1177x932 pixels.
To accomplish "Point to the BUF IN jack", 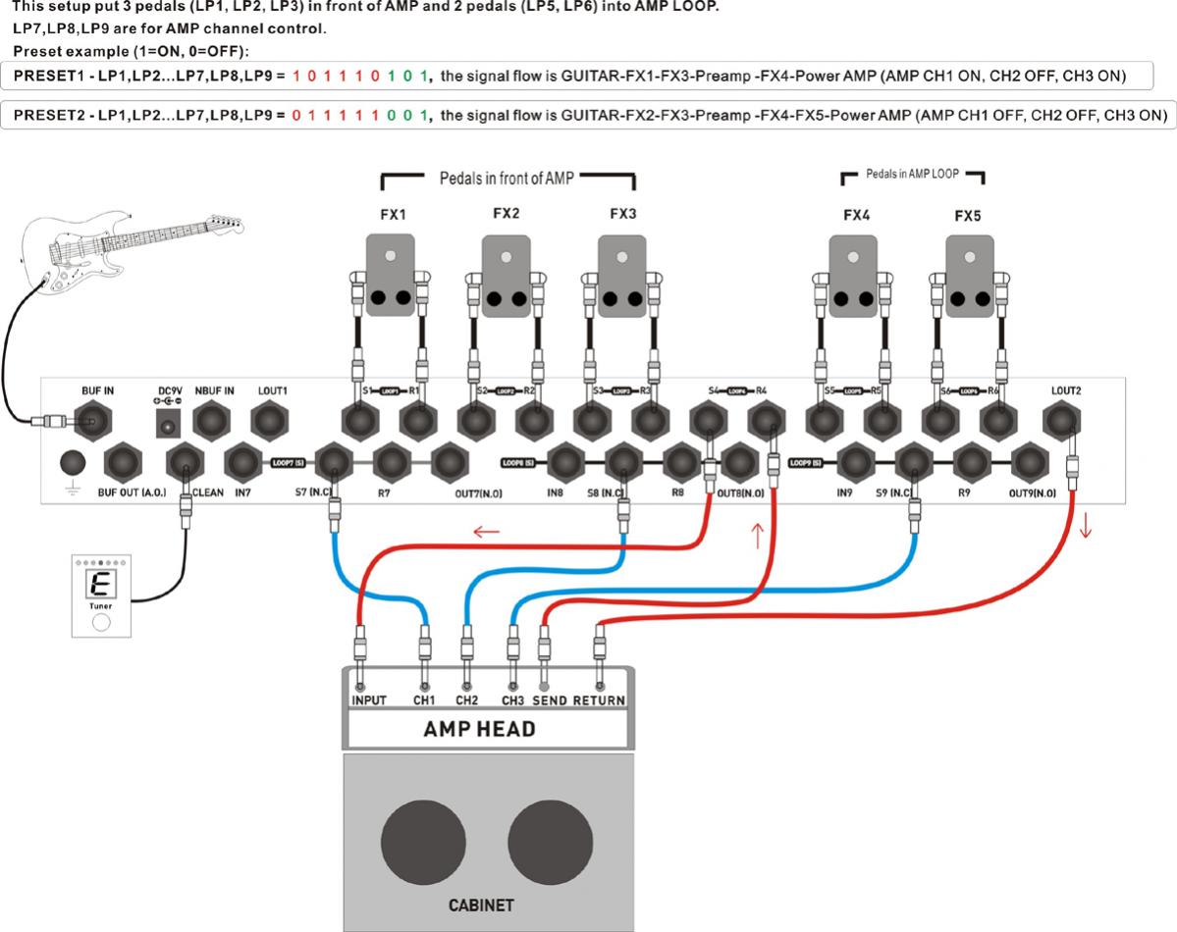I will click(x=97, y=422).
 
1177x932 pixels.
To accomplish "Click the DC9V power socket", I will click(x=166, y=423).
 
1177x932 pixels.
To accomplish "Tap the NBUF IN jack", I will click(x=214, y=422).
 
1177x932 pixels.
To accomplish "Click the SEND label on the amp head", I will click(x=550, y=701).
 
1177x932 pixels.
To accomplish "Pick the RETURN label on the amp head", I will click(x=599, y=701).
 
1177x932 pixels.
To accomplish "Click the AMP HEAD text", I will click(x=479, y=730).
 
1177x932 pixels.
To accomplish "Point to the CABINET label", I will click(x=480, y=906).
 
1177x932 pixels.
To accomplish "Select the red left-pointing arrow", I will click(x=486, y=532).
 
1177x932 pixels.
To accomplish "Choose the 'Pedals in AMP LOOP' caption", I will click(x=913, y=176).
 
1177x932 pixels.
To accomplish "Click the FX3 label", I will click(x=623, y=213).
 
